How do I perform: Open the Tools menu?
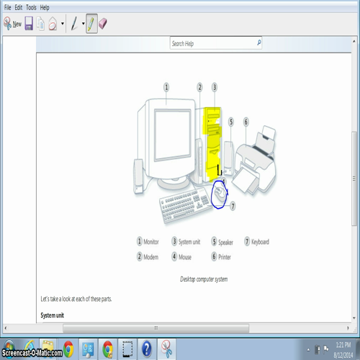(x=31, y=6)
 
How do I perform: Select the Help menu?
(x=45, y=6)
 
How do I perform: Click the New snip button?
(x=12, y=24)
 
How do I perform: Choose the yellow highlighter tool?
(x=91, y=24)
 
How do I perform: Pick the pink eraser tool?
(x=104, y=23)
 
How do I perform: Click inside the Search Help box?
(x=212, y=44)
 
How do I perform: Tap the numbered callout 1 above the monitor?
(x=166, y=86)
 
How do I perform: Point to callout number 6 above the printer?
(x=246, y=122)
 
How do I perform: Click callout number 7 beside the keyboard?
(x=233, y=204)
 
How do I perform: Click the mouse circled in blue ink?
(x=219, y=194)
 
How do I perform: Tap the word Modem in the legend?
(x=151, y=256)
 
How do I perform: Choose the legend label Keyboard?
(x=260, y=242)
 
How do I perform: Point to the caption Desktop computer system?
(x=204, y=278)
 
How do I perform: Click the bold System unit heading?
(x=52, y=315)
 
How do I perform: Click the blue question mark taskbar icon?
(x=146, y=348)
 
